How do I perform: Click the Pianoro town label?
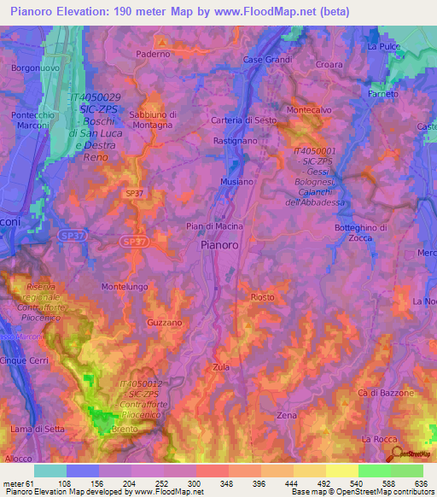point(218,244)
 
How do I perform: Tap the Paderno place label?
point(154,53)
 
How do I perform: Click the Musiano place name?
point(236,182)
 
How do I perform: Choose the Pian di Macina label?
point(214,226)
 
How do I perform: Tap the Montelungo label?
point(125,287)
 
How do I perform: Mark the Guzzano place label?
point(164,323)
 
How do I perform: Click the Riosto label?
point(262,297)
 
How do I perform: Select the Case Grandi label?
point(267,60)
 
